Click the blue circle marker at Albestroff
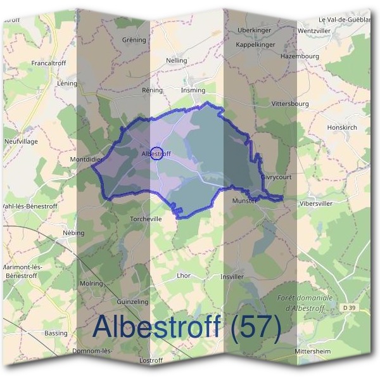(158, 153)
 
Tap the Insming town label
(193, 91)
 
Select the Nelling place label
(177, 61)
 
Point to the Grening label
(134, 39)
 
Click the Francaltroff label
(49, 64)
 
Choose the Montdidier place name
(86, 160)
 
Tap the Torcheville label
(146, 218)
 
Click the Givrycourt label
(276, 178)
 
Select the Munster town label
(244, 201)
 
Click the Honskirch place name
(343, 127)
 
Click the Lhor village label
(183, 275)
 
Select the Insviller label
(232, 277)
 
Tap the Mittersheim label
(313, 350)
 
